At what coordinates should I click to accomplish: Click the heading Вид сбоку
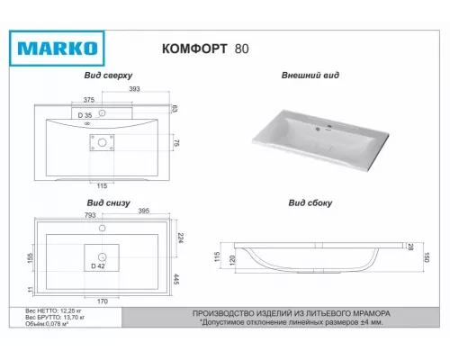click(x=310, y=203)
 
